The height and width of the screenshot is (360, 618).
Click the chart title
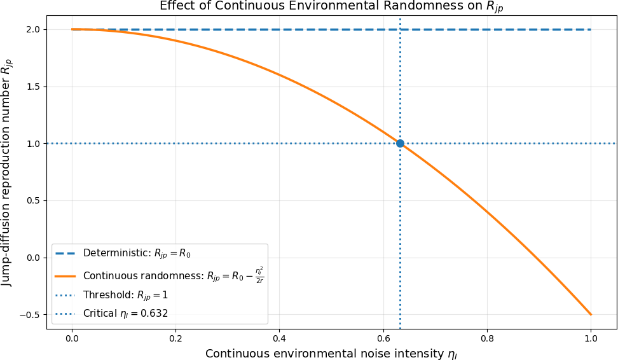click(331, 7)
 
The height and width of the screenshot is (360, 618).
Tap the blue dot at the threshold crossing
click(400, 144)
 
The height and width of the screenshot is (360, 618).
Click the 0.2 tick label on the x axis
click(175, 338)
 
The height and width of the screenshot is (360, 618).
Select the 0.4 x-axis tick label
click(280, 338)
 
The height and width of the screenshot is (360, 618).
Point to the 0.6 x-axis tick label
click(383, 338)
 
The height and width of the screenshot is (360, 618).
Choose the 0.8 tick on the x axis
click(487, 338)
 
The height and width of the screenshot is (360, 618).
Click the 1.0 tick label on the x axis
click(591, 338)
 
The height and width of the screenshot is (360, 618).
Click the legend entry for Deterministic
click(123, 254)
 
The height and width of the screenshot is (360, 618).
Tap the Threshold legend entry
click(111, 295)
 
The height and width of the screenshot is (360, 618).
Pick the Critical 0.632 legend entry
click(111, 314)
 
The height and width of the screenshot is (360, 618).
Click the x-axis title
click(331, 354)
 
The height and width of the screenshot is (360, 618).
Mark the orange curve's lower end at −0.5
click(591, 315)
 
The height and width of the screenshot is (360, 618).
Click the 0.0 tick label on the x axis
click(72, 338)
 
